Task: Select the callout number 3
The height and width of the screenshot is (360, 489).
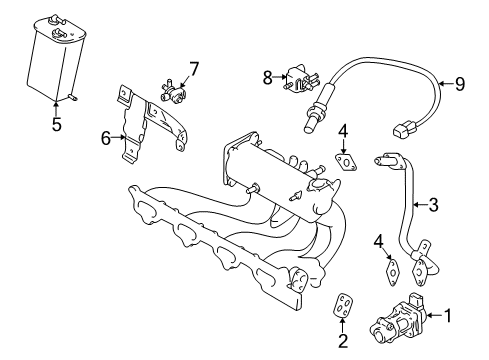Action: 433,206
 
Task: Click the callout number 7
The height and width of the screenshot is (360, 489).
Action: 194,69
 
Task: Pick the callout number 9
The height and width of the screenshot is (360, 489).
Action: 460,84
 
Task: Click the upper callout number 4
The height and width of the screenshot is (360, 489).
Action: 343,130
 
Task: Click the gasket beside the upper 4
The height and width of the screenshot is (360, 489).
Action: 346,160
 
